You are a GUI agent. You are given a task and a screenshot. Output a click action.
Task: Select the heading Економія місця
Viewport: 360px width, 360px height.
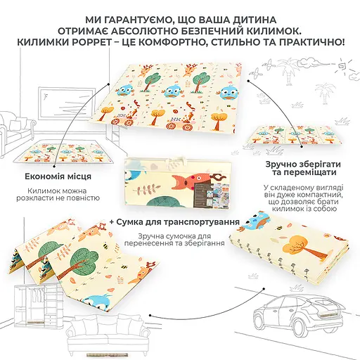click(58, 176)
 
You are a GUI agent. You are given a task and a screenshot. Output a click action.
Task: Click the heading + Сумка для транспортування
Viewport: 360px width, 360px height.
click(174, 221)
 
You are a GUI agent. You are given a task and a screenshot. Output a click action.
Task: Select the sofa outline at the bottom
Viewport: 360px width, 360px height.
click(108, 330)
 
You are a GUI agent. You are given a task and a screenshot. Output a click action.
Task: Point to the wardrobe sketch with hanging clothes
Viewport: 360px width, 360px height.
click(36, 302)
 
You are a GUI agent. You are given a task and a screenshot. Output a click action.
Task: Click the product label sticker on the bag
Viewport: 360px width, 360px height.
click(210, 193)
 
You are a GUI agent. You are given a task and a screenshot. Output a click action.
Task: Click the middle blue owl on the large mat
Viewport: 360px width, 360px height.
click(174, 91)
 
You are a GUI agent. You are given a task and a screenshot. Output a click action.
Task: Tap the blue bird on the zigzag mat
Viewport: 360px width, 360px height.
click(100, 300)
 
